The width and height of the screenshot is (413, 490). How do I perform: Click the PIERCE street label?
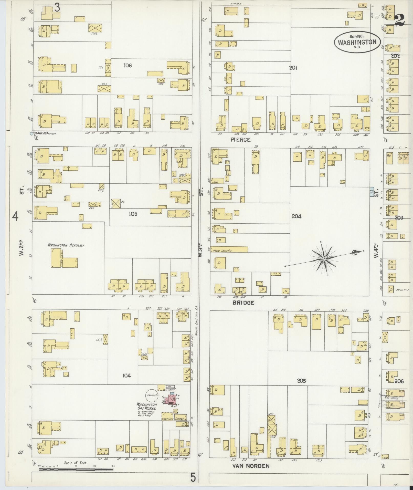point(240,140)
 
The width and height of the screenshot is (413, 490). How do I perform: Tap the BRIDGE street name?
point(243,303)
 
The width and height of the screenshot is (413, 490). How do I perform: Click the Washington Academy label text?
point(66,245)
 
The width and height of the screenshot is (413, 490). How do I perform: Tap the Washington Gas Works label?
point(146,410)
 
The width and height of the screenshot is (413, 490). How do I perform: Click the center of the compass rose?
point(324,259)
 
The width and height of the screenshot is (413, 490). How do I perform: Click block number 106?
point(128,66)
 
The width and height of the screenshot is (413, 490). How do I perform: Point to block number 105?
point(133,214)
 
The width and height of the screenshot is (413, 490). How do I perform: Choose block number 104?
point(126,376)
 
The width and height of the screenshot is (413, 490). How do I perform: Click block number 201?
point(293,68)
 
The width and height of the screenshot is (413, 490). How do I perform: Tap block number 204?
point(296,216)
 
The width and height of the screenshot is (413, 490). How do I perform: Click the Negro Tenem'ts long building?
point(229,249)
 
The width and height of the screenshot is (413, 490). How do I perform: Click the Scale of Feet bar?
point(76,470)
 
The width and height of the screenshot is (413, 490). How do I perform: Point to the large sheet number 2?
point(399,20)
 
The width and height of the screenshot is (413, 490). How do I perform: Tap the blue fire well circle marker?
point(31,134)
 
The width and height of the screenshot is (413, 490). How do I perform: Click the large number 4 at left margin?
point(15,217)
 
